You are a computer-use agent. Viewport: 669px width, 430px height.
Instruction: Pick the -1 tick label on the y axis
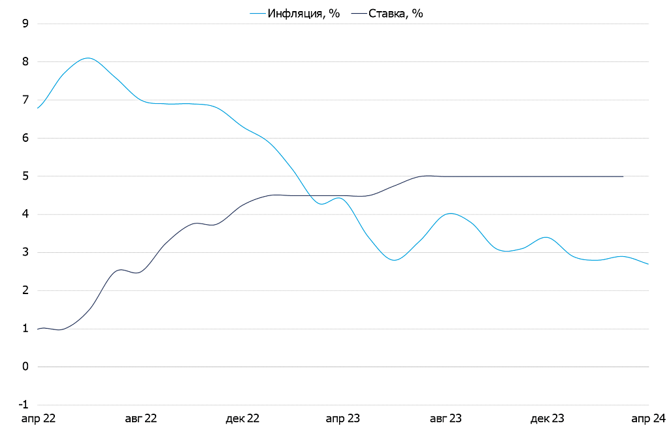[24, 405]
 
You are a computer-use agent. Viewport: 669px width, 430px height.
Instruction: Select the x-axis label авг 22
[140, 418]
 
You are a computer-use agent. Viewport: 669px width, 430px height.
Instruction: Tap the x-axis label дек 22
[242, 418]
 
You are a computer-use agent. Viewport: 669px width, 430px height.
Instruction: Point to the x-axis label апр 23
[343, 418]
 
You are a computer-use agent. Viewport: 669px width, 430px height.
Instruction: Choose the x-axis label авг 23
[446, 418]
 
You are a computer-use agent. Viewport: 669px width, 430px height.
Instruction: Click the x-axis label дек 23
[547, 418]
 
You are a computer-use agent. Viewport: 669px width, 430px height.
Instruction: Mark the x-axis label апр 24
[648, 418]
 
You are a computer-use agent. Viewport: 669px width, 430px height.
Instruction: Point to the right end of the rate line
[623, 176]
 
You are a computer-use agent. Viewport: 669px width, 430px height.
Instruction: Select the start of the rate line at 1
[38, 329]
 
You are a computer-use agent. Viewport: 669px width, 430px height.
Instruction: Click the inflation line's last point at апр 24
[648, 264]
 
